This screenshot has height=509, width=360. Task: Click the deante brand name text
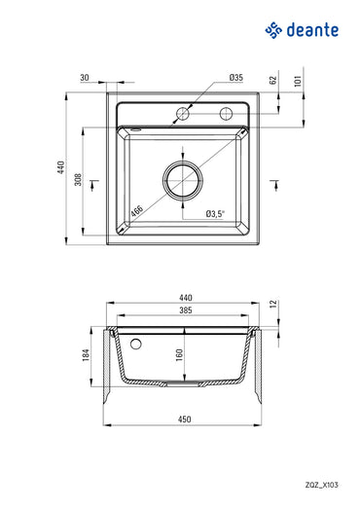point(313,31)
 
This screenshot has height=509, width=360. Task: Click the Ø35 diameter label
point(235,76)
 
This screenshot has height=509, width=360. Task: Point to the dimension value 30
point(85,76)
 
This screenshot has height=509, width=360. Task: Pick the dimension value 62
point(274,83)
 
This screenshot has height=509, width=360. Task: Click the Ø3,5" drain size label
point(216,213)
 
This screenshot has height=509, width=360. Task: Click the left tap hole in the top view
point(182,114)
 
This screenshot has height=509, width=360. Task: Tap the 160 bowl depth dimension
point(179,356)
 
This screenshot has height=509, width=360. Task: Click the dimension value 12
point(274,305)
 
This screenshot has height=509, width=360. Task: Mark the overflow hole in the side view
point(136,344)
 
